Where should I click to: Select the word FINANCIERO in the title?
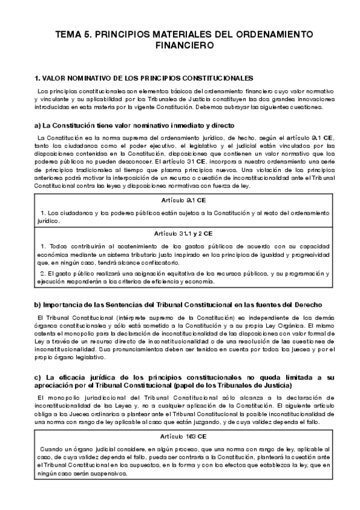click(180, 45)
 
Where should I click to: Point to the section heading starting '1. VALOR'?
click(144, 78)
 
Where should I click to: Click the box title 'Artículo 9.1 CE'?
click(180, 200)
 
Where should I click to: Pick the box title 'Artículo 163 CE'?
click(180, 436)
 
